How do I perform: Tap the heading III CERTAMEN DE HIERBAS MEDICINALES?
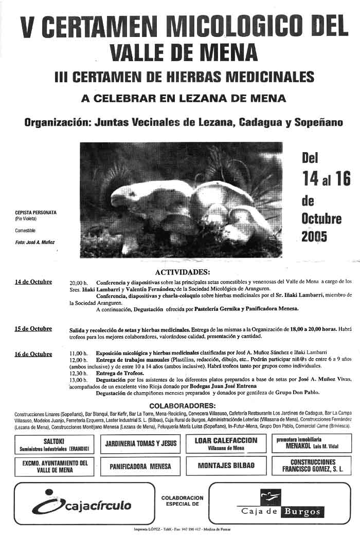[x=184, y=77]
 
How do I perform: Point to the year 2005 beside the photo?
[x=314, y=237]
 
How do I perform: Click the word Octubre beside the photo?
[x=321, y=218]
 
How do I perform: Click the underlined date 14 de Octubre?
[x=33, y=282]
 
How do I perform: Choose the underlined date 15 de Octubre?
[x=33, y=329]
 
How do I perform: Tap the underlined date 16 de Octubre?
[x=33, y=354]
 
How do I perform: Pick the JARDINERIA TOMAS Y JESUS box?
[x=140, y=443]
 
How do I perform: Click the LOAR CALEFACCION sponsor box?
[x=226, y=443]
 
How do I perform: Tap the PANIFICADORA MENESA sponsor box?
[x=140, y=467]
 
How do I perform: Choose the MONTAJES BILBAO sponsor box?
[x=226, y=466]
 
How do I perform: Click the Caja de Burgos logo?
[x=280, y=505]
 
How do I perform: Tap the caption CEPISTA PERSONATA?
[x=35, y=212]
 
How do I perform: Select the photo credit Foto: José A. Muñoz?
[x=34, y=242]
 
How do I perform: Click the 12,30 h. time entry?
[x=79, y=373]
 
